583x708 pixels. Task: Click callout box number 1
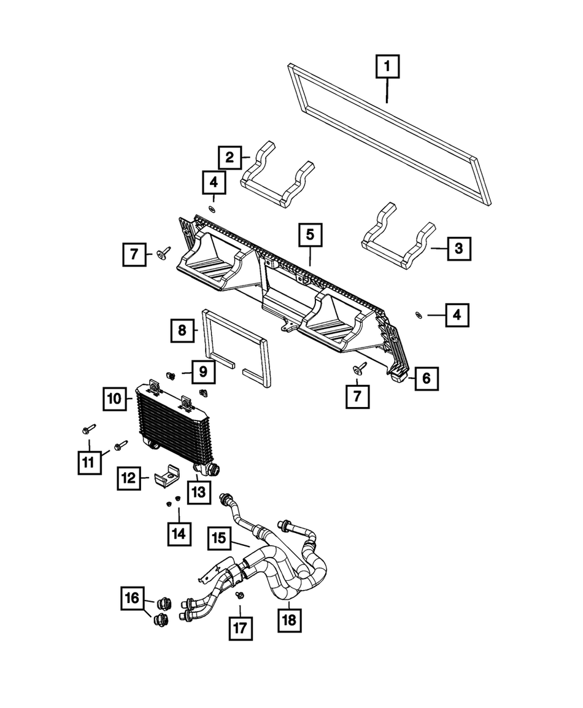388,66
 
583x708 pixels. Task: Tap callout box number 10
114,399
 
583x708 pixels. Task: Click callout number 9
202,372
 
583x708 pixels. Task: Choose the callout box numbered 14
179,534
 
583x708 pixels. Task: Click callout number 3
459,249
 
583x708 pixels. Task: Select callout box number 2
230,158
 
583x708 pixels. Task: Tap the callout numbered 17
241,629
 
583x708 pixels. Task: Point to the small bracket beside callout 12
165,477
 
